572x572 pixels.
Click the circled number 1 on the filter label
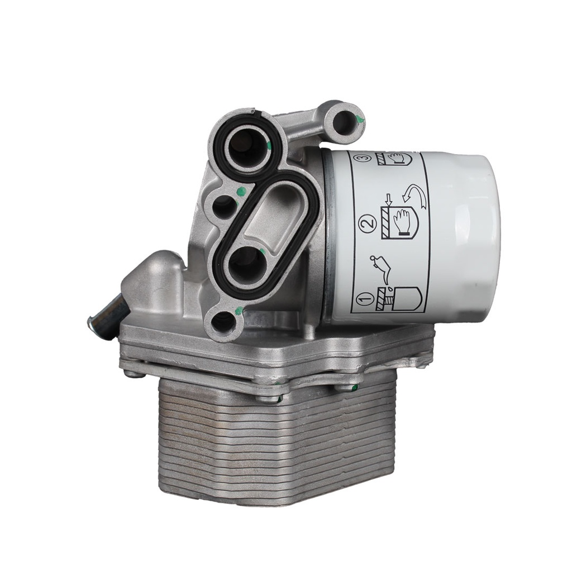(364, 300)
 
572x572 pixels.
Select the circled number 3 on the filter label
(364, 158)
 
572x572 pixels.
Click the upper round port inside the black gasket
(244, 147)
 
